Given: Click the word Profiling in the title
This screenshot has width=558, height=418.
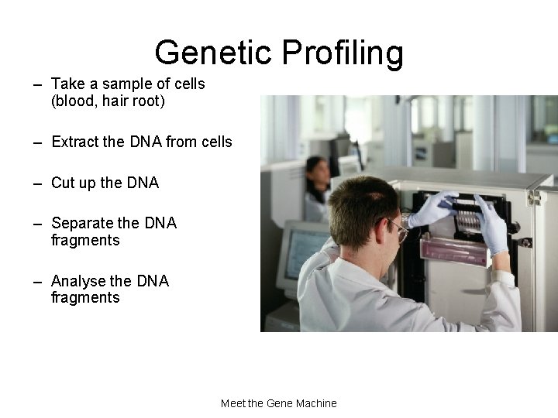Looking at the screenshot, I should point(343,53).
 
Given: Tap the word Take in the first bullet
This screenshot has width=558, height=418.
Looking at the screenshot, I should point(67,84).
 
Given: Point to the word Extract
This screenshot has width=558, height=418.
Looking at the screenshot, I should point(75,142).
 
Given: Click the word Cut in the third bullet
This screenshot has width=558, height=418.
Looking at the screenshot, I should point(62,183).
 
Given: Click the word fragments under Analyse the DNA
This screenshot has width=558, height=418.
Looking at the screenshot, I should point(85,298).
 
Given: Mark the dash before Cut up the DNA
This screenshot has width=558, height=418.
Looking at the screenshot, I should point(37,183).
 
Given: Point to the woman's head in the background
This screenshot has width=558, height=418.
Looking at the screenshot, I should point(318,171).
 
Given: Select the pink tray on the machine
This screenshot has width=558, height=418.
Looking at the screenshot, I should point(453,249).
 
